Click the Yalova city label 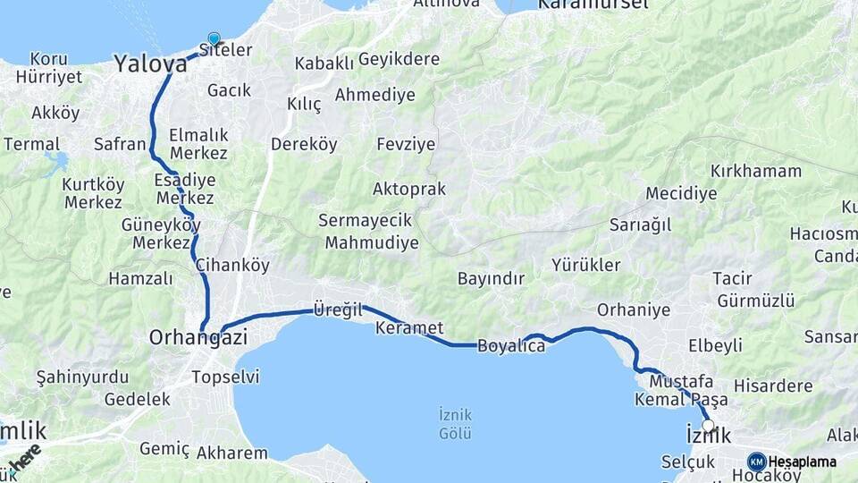point(150,64)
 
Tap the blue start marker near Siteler point(214,38)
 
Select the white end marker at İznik point(709,426)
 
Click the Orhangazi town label point(198,337)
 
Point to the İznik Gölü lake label point(455,423)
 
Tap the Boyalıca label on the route point(511,345)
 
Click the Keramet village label point(409,327)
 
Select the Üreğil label point(338,309)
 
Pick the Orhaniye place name point(634,309)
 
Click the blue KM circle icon point(756,462)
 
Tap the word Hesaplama point(803,462)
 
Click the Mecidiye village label point(681,193)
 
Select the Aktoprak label point(410,189)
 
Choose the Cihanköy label point(231,265)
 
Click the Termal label point(31,144)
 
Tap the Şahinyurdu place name point(78,377)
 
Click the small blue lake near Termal point(55,164)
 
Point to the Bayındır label point(491,278)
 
